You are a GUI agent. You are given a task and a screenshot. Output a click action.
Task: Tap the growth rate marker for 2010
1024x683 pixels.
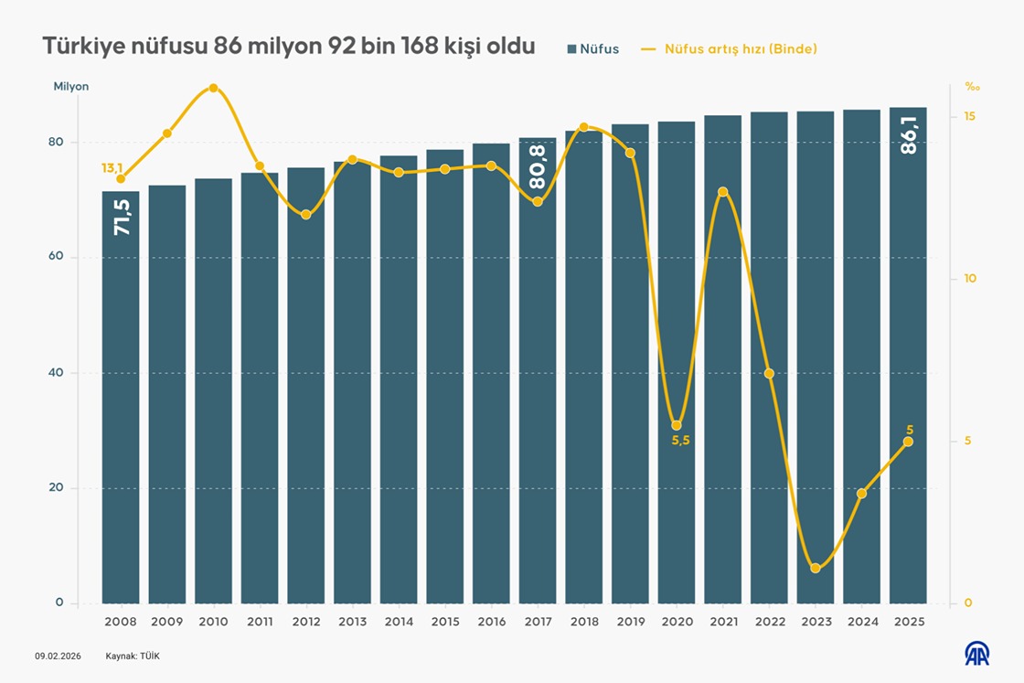coord(213,88)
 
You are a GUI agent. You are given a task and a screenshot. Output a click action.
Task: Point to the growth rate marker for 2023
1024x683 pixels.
coord(816,569)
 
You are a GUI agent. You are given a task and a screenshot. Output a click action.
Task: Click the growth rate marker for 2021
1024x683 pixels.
coord(723,192)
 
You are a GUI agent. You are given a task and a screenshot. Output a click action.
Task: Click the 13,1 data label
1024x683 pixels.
coord(112,168)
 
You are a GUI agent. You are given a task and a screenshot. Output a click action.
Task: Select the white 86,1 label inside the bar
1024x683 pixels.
coord(909,134)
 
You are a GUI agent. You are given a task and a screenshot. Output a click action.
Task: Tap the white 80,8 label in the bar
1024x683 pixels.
coord(538,166)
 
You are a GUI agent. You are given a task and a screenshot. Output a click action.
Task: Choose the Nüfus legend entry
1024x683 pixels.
coord(593,49)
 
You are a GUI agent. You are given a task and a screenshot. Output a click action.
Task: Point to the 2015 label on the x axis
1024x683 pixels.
coord(445,621)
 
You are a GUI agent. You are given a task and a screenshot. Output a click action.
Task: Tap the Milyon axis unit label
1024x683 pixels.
coord(71,87)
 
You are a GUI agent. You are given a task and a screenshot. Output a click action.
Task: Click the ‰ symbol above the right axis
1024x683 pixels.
coord(971,88)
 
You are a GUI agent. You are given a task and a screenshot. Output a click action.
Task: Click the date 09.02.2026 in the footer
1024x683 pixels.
coord(58,656)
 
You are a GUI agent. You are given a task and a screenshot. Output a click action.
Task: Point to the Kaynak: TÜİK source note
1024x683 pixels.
coord(133,656)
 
